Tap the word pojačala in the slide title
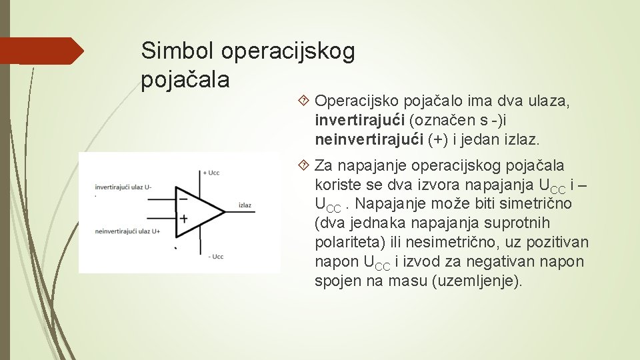coord(185,80)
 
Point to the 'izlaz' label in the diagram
coord(245,205)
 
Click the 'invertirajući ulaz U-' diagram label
coord(123,187)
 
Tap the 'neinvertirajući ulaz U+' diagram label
coord(127,231)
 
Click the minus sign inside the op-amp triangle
coord(183,198)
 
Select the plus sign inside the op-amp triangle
coord(183,218)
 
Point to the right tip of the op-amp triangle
coord(225,208)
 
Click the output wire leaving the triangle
coord(230,208)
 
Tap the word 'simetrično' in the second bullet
coord(539,203)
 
